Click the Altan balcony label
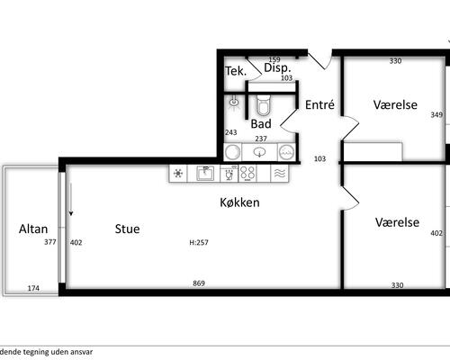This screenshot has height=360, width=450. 33,229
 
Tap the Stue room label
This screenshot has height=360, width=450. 128,229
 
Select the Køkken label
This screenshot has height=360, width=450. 239,202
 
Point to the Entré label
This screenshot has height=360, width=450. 319,104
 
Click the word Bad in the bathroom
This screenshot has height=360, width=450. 261,123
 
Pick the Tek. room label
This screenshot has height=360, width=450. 236,71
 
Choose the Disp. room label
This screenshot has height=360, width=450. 277,67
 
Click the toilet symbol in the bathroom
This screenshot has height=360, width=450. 264,105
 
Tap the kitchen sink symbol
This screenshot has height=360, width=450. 205,173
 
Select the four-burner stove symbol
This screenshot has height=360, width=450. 247,173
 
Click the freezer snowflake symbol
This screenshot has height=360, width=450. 178,173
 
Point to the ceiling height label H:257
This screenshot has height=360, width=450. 199,242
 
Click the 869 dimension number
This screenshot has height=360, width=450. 199,283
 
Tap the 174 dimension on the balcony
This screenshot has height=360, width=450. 33,288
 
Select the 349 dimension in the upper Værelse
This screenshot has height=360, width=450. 436,114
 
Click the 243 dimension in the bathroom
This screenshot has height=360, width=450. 231,132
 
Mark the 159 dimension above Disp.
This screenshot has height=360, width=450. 274,59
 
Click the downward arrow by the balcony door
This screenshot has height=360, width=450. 71,200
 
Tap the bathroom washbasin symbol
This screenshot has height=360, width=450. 259,152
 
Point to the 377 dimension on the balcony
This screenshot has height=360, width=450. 50,242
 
